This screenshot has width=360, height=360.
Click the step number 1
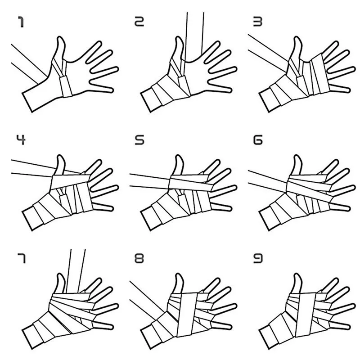coord(21,22)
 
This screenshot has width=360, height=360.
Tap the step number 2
coord(139,21)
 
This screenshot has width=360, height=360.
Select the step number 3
coord(257,22)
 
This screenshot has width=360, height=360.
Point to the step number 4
coord(21,139)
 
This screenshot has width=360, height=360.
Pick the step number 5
coord(139,140)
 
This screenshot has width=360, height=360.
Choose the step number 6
coord(257,140)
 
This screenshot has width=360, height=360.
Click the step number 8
coord(139,258)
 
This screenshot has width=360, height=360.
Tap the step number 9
coord(257,258)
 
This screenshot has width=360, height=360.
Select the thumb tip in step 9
coord(297,274)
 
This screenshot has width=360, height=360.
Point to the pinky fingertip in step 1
coord(112,90)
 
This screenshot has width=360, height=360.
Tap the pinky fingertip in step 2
coord(230,90)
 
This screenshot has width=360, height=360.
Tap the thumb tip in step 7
coord(60,274)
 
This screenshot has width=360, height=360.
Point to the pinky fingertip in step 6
coord(349,208)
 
